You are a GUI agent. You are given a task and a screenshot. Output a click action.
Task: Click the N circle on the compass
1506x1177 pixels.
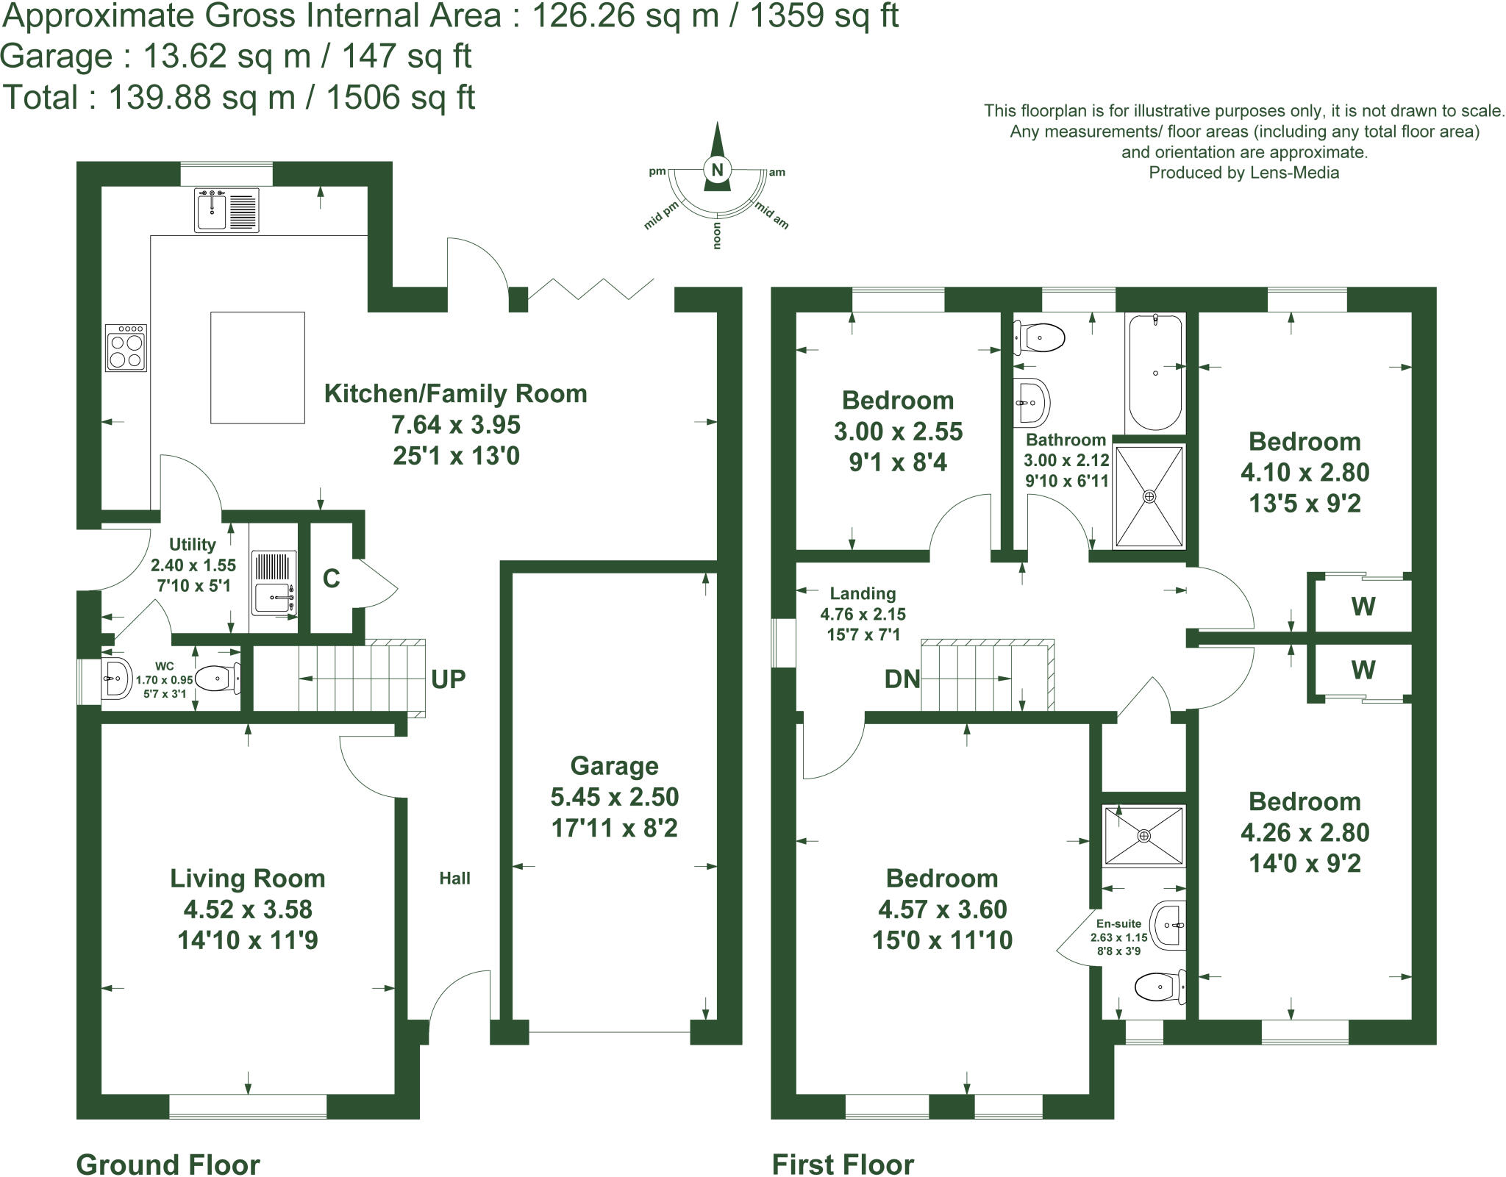tap(717, 170)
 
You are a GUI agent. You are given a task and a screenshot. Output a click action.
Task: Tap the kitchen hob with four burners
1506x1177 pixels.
tap(126, 348)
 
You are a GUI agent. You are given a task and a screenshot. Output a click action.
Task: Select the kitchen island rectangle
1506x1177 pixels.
tap(257, 368)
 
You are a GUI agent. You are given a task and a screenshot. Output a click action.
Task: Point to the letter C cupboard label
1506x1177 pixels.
tap(331, 579)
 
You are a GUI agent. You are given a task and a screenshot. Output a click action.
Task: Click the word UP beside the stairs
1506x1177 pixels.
tap(448, 679)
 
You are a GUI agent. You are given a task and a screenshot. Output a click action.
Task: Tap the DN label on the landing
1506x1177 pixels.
tap(902, 679)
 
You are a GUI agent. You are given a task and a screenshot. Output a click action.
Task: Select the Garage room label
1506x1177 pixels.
tap(614, 766)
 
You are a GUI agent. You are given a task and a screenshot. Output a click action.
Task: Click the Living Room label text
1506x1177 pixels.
tap(248, 879)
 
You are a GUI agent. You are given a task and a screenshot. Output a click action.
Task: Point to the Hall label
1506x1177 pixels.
tap(454, 878)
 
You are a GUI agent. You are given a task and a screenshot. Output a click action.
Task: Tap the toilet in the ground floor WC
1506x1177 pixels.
tap(219, 679)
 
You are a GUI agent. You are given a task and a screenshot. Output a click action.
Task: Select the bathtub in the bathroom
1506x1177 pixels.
tap(1155, 371)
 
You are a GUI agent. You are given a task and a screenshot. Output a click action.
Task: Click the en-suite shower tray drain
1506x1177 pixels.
tap(1143, 836)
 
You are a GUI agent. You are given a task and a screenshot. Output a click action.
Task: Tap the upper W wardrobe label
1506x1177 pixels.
tap(1363, 607)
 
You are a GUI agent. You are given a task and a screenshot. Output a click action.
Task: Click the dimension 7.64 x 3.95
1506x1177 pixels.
tap(456, 425)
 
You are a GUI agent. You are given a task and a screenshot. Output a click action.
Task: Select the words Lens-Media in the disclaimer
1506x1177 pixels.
tap(1294, 173)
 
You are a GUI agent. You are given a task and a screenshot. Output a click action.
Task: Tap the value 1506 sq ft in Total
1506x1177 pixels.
tap(400, 98)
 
